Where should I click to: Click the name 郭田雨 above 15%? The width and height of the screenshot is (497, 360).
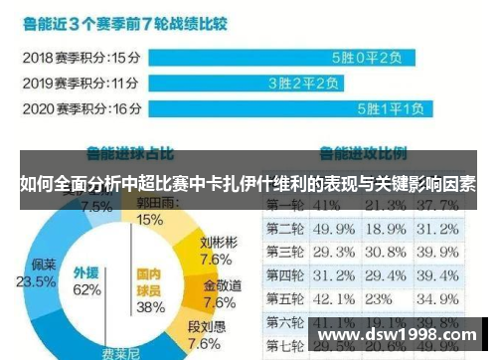coord(151,202)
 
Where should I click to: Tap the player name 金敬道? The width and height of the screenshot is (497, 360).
coord(220,284)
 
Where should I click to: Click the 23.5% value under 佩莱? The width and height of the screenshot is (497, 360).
coord(43,280)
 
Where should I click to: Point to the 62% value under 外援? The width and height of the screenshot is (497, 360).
coord(87,289)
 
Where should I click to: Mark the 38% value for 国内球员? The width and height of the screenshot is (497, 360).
coord(150,306)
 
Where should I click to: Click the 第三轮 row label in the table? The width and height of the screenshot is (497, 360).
coord(284,252)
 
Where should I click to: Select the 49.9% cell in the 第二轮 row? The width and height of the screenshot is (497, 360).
coord(335,229)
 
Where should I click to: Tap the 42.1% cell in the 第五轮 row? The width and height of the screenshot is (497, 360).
coord(335,298)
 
